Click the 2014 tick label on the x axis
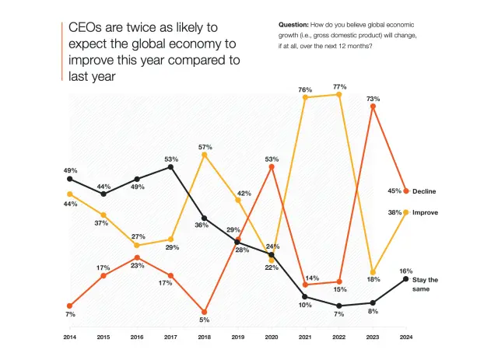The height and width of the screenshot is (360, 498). [70, 337]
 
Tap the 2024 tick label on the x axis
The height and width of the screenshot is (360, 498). [405, 337]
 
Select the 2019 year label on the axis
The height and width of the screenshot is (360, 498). [237, 337]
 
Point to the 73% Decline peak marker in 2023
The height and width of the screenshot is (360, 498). [373, 107]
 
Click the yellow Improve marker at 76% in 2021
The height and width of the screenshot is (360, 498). [305, 97]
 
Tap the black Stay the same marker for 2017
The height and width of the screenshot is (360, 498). [170, 167]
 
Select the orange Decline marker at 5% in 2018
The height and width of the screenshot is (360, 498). [204, 311]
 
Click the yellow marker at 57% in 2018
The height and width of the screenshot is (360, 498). [204, 155]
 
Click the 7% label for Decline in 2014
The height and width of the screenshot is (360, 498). [70, 315]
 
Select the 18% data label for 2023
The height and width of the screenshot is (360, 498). [373, 279]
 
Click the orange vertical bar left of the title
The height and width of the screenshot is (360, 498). [62, 51]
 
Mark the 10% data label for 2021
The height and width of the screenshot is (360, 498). [304, 306]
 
